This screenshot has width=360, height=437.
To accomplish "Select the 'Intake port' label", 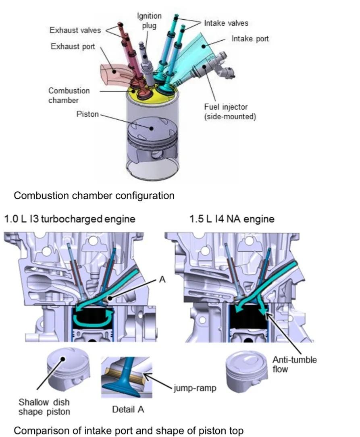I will (250, 39).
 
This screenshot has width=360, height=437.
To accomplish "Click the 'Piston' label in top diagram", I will (87, 114).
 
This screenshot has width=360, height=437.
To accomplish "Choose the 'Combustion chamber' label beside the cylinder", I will (69, 95).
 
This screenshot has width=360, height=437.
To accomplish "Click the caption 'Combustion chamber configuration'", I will (94, 196).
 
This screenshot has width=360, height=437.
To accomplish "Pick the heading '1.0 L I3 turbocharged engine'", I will (70, 219).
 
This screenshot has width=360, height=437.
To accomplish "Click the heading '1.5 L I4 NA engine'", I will (232, 219).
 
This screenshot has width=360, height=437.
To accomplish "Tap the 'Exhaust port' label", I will (73, 47).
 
